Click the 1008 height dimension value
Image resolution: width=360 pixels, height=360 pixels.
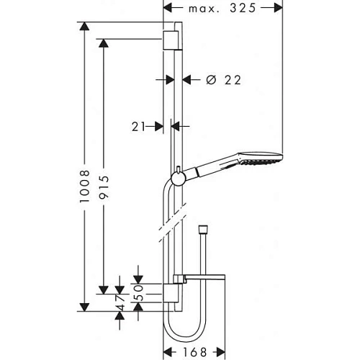[x=84, y=189]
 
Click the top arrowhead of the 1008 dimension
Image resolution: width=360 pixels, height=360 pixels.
[x=84, y=27]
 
